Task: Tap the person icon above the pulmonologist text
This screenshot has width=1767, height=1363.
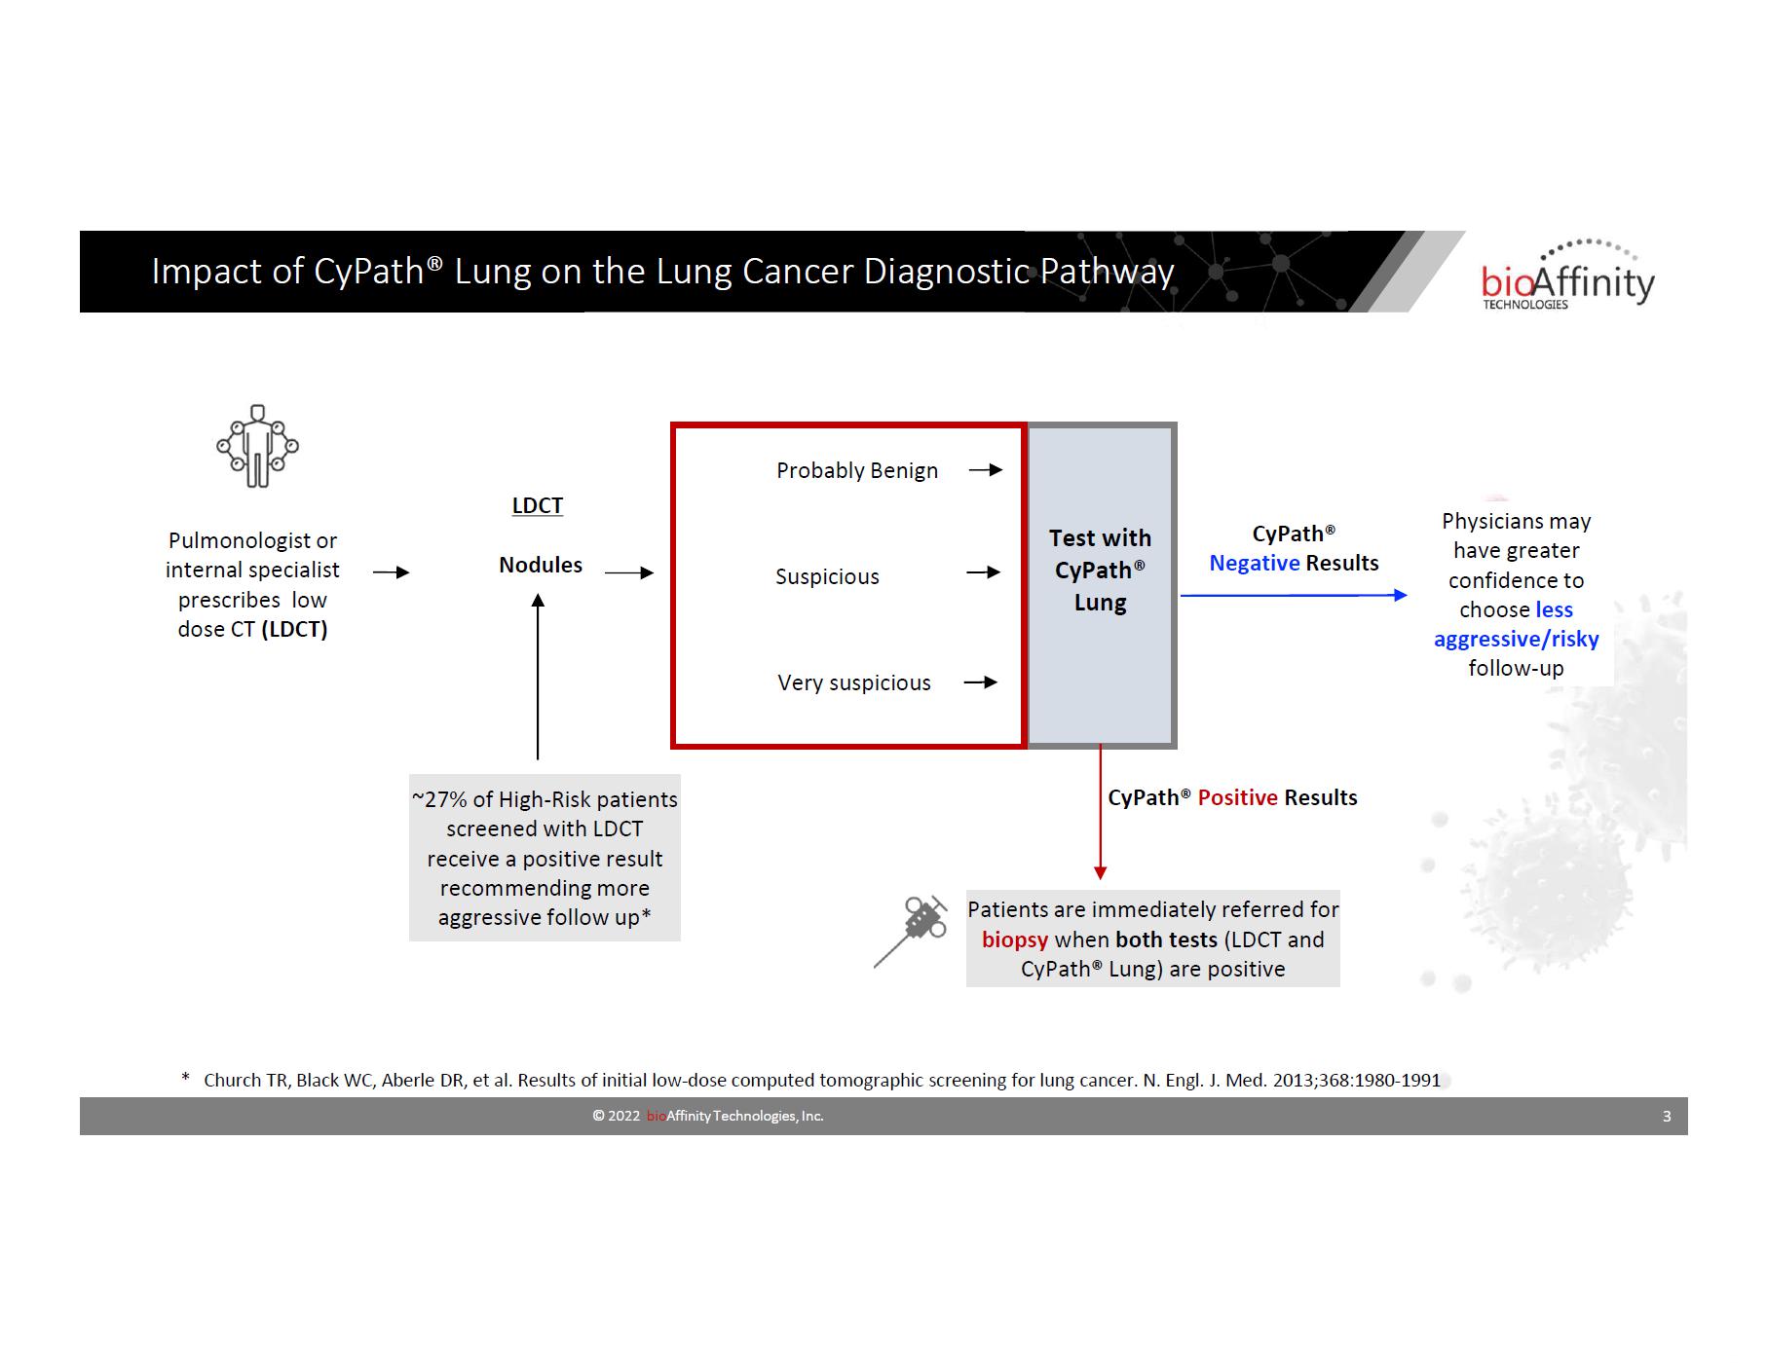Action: [257, 446]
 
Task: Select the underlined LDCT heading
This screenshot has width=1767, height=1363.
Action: [538, 505]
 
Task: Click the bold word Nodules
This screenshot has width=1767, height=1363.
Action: [541, 565]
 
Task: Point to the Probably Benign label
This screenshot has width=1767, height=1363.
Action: [857, 470]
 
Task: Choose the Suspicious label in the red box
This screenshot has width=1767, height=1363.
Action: [827, 576]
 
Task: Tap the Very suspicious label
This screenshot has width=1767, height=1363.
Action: [854, 682]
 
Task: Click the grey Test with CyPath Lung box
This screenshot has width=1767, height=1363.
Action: [1101, 584]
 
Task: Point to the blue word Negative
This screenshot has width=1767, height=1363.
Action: [1254, 563]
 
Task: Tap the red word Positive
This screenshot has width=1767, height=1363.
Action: [1237, 797]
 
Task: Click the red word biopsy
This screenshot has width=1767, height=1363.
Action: [1014, 939]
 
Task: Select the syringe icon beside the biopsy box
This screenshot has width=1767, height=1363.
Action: [914, 930]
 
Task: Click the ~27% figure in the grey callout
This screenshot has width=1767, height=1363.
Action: [440, 799]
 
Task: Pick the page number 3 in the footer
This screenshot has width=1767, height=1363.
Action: [1667, 1116]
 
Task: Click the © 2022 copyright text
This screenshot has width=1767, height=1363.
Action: [616, 1116]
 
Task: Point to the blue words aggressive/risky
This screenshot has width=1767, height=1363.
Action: [1516, 639]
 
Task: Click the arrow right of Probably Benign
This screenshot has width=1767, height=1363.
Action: [986, 470]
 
